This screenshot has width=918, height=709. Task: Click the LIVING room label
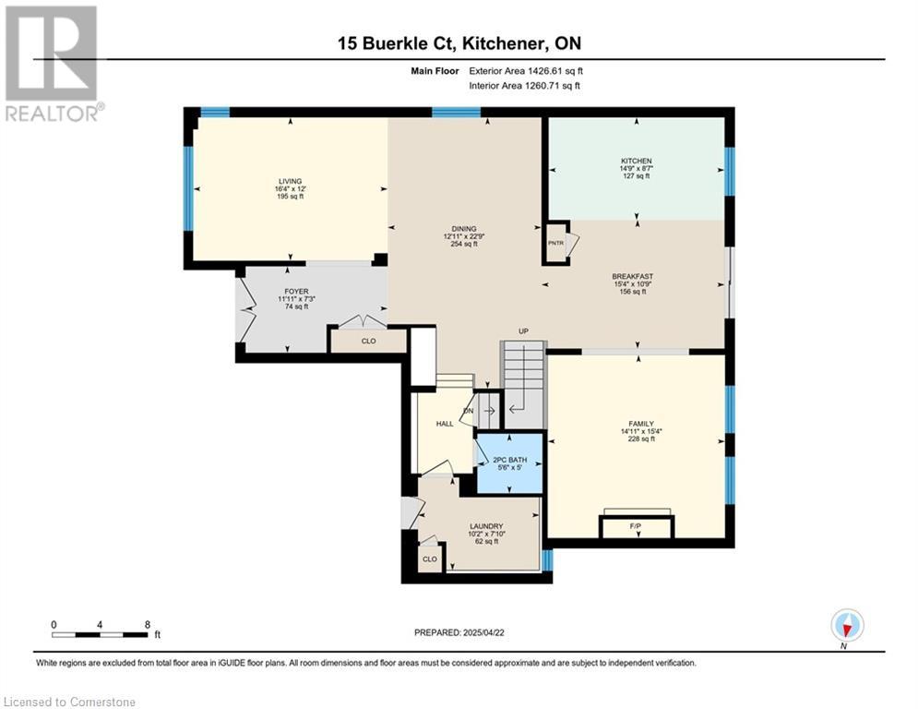pyautogui.click(x=290, y=181)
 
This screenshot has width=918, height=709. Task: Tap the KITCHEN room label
pyautogui.click(x=637, y=161)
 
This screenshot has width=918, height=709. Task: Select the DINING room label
pyautogui.click(x=464, y=229)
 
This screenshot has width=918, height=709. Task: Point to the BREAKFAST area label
pyautogui.click(x=632, y=276)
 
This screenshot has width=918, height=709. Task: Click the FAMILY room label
pyautogui.click(x=641, y=424)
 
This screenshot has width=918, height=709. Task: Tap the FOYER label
pyautogui.click(x=296, y=291)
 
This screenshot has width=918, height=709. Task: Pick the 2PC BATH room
pyautogui.click(x=509, y=463)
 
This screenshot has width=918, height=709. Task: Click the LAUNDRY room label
pyautogui.click(x=486, y=526)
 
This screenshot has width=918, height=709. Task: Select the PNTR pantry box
pyautogui.click(x=556, y=243)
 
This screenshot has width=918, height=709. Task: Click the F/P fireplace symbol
pyautogui.click(x=637, y=525)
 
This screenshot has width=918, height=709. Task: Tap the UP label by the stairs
pyautogui.click(x=523, y=331)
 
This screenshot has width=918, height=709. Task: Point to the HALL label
pyautogui.click(x=445, y=424)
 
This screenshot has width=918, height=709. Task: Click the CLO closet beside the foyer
pyautogui.click(x=368, y=341)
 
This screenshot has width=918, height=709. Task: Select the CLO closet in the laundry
pyautogui.click(x=430, y=559)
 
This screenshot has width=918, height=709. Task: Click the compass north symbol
pyautogui.click(x=847, y=625)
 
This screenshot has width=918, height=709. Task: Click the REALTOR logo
pyautogui.click(x=53, y=64)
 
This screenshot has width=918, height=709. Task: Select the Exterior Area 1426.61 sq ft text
pyautogui.click(x=526, y=71)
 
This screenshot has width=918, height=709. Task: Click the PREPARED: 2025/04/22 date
pyautogui.click(x=459, y=632)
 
